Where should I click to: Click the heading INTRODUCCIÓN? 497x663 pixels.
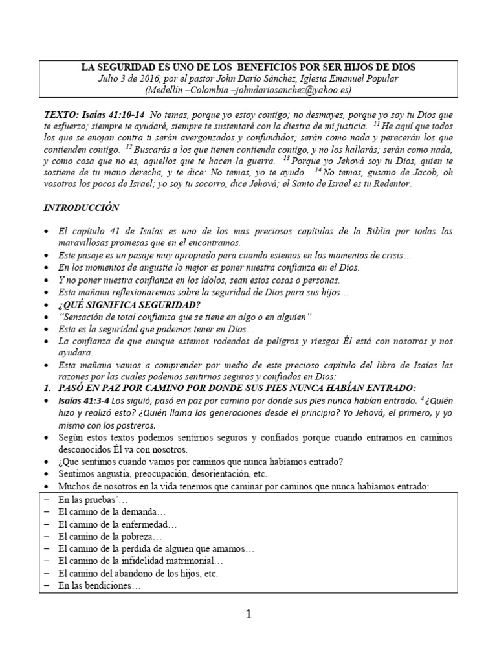82,208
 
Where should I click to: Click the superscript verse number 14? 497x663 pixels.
317,170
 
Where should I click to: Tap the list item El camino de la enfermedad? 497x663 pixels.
116,524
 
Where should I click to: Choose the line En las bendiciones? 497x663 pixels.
98,586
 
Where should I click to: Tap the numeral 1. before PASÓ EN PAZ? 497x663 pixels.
47,388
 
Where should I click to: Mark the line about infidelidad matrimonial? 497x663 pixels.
139,561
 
